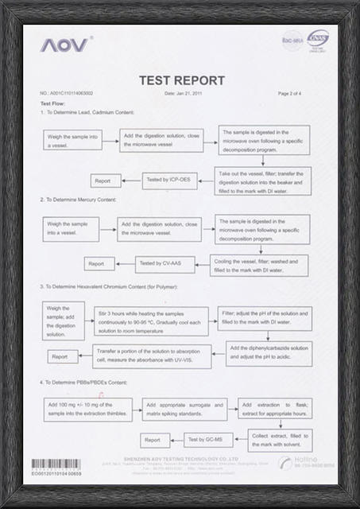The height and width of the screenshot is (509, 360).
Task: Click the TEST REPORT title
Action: (x=181, y=80)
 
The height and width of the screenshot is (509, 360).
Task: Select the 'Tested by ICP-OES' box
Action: (x=170, y=181)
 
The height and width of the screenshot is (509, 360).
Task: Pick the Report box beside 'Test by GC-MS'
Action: (x=151, y=439)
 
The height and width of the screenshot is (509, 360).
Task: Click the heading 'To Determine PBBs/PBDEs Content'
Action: (x=83, y=383)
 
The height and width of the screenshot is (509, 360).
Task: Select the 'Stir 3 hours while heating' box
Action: (x=151, y=321)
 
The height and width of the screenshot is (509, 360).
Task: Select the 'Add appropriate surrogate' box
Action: (x=183, y=409)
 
